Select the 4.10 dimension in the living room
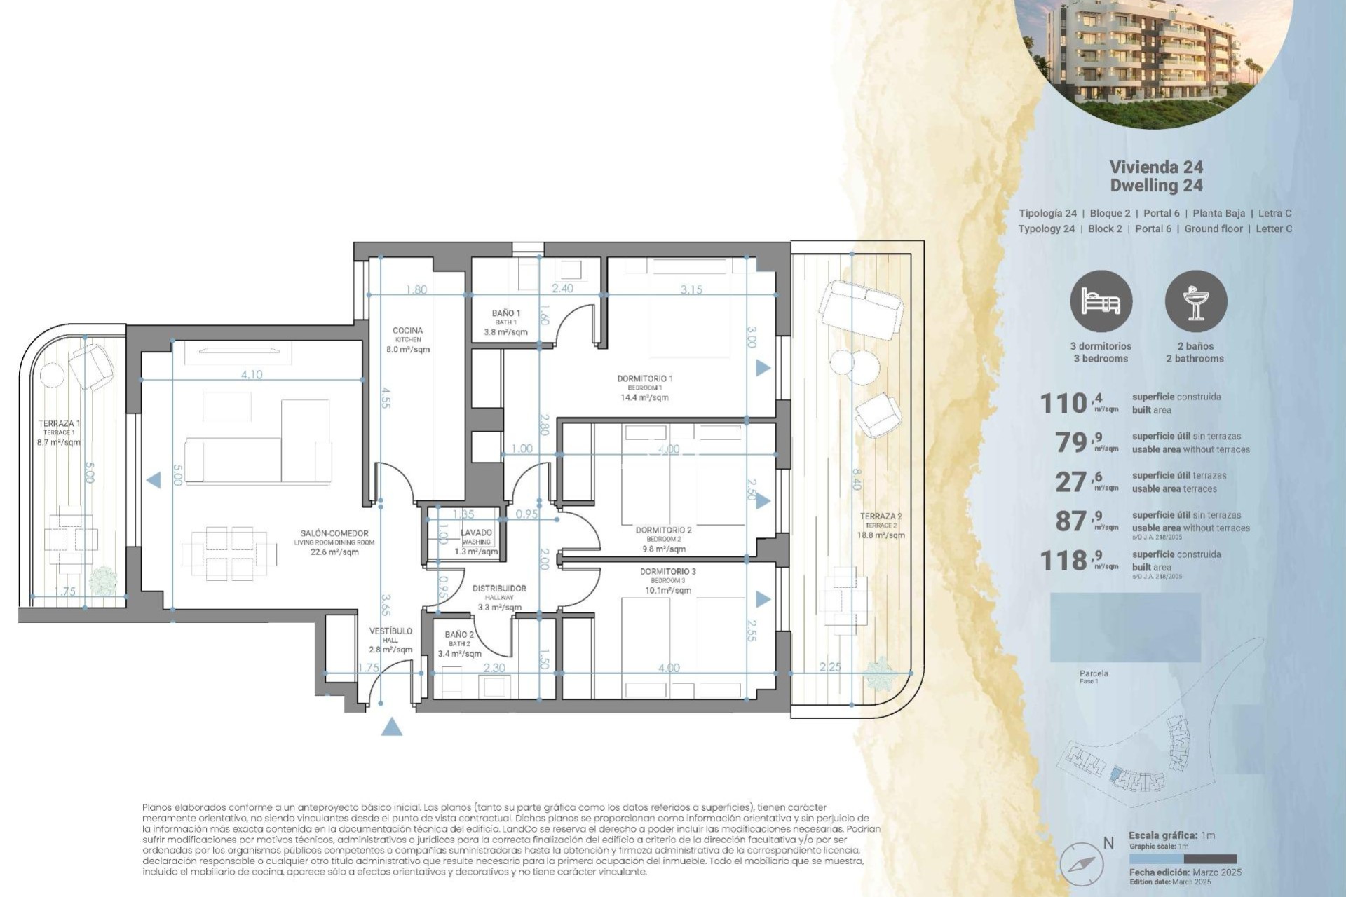point(252,375)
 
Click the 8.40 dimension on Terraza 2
point(856,479)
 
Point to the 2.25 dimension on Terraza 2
point(830,667)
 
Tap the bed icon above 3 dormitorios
point(1101,302)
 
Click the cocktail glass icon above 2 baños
point(1196,302)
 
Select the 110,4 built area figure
point(1079,403)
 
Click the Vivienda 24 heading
point(1156,167)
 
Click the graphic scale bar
point(1183,859)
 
